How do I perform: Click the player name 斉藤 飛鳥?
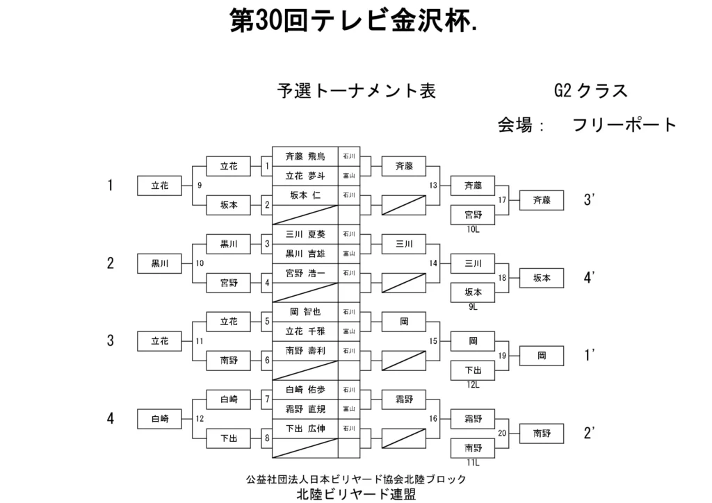(x=305, y=157)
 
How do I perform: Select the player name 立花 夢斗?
(x=305, y=176)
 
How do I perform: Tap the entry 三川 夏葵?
(x=305, y=235)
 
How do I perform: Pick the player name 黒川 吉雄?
(x=305, y=254)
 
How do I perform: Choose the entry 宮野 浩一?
(x=305, y=274)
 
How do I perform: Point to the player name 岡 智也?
(x=305, y=313)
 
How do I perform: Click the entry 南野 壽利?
(x=305, y=352)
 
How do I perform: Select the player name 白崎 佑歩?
(x=305, y=390)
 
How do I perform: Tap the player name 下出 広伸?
(x=305, y=429)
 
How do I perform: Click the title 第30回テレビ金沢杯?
(x=353, y=22)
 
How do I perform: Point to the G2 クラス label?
(x=590, y=91)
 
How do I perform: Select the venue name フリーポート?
(x=624, y=125)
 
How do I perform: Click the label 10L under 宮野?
(x=474, y=229)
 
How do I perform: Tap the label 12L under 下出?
(x=474, y=384)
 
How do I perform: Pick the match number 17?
(x=502, y=201)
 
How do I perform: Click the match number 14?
(x=434, y=263)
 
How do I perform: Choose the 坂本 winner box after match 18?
(x=542, y=278)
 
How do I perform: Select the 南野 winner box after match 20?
(x=542, y=433)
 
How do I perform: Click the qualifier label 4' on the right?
(x=590, y=278)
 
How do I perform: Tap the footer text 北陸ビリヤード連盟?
(x=356, y=494)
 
